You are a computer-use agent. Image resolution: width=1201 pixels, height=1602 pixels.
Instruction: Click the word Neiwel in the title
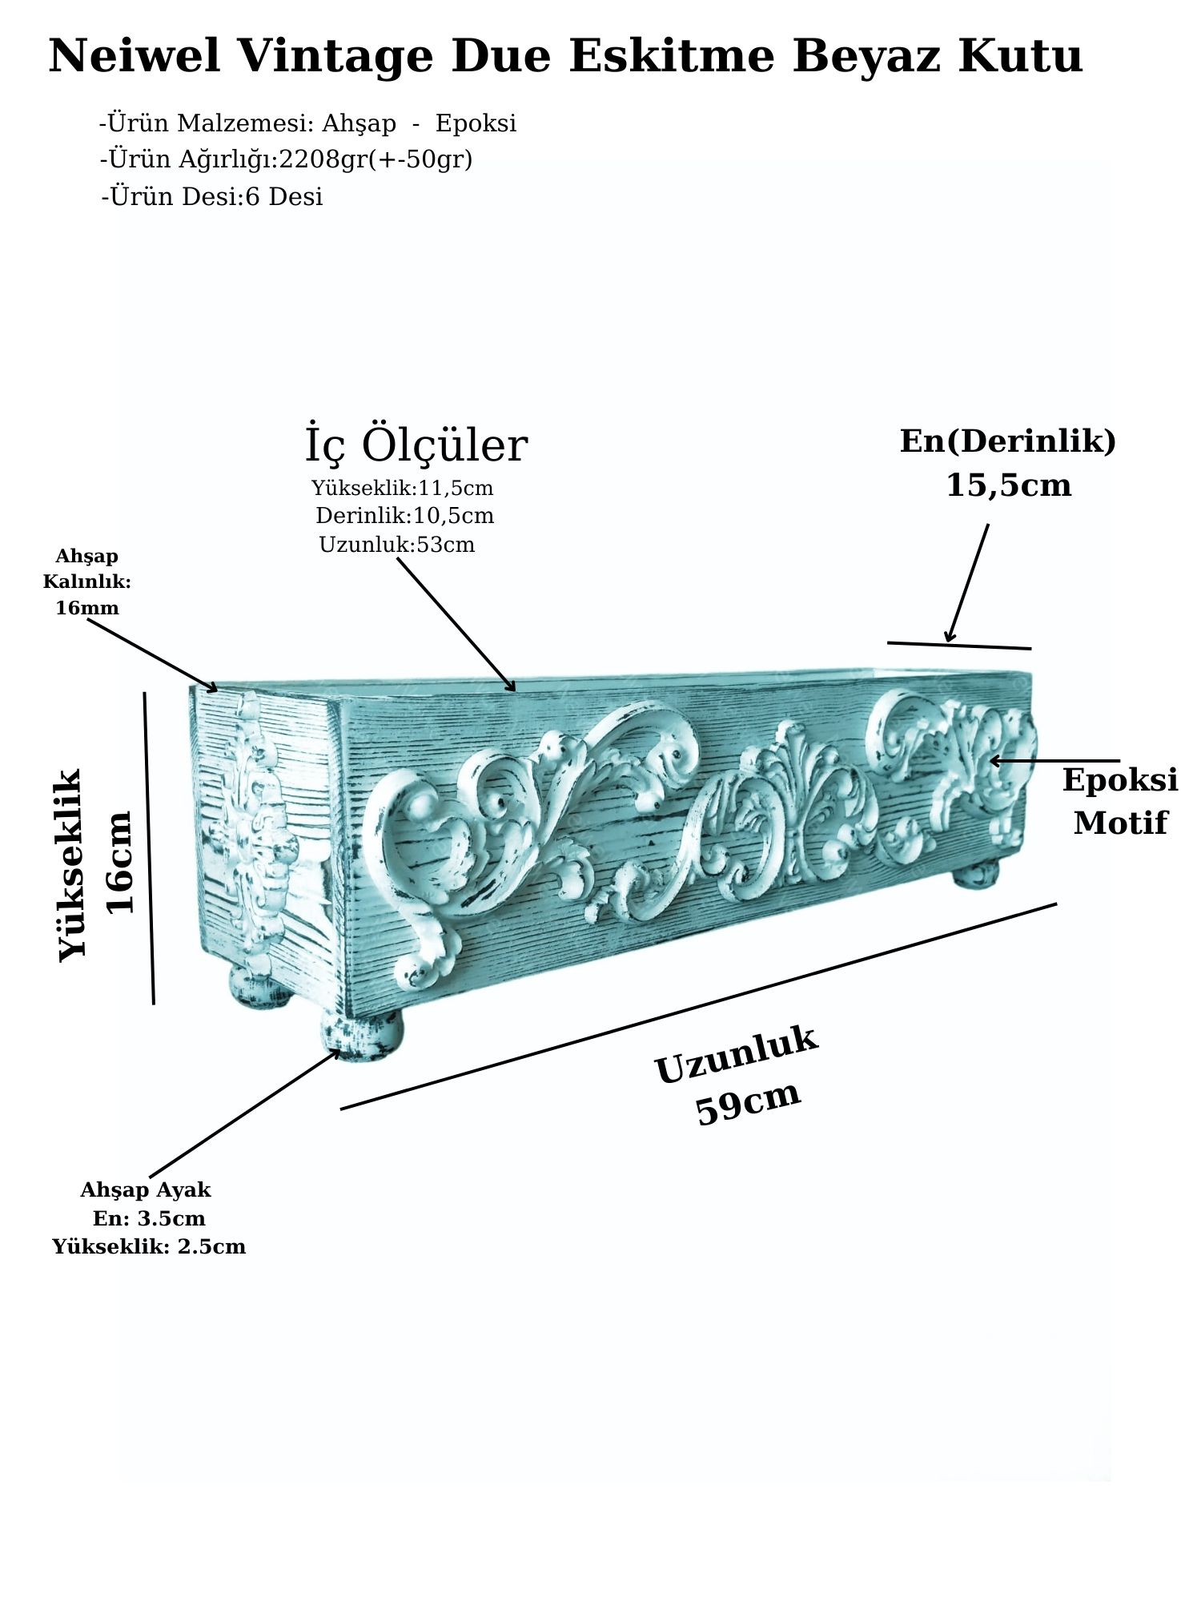(135, 56)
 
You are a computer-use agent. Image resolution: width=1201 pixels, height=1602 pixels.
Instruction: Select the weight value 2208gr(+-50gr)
(376, 159)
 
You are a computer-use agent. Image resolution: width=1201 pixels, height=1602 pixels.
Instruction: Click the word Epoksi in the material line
(476, 123)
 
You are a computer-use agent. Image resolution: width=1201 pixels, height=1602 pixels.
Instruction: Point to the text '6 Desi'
(283, 196)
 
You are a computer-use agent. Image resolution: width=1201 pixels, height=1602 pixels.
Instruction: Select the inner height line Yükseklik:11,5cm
(402, 488)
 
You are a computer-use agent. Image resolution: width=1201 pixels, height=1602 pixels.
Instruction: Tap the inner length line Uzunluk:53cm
(397, 545)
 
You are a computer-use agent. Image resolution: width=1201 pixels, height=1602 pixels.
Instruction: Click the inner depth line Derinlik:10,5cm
(404, 516)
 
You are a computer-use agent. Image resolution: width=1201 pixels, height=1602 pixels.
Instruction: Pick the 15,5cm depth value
(1009, 485)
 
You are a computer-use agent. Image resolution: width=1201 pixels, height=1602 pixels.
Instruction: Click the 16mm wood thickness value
(87, 608)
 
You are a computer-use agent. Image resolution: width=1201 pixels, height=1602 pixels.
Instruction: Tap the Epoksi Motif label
(1120, 801)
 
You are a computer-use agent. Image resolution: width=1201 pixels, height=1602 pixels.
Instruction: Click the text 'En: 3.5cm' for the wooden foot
(149, 1218)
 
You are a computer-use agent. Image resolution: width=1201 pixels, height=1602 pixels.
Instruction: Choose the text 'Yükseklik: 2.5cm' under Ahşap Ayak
(149, 1246)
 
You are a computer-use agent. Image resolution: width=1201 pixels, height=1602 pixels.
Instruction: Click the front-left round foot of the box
(362, 1035)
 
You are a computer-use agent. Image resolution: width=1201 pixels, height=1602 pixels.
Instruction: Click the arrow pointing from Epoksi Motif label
(1054, 760)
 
